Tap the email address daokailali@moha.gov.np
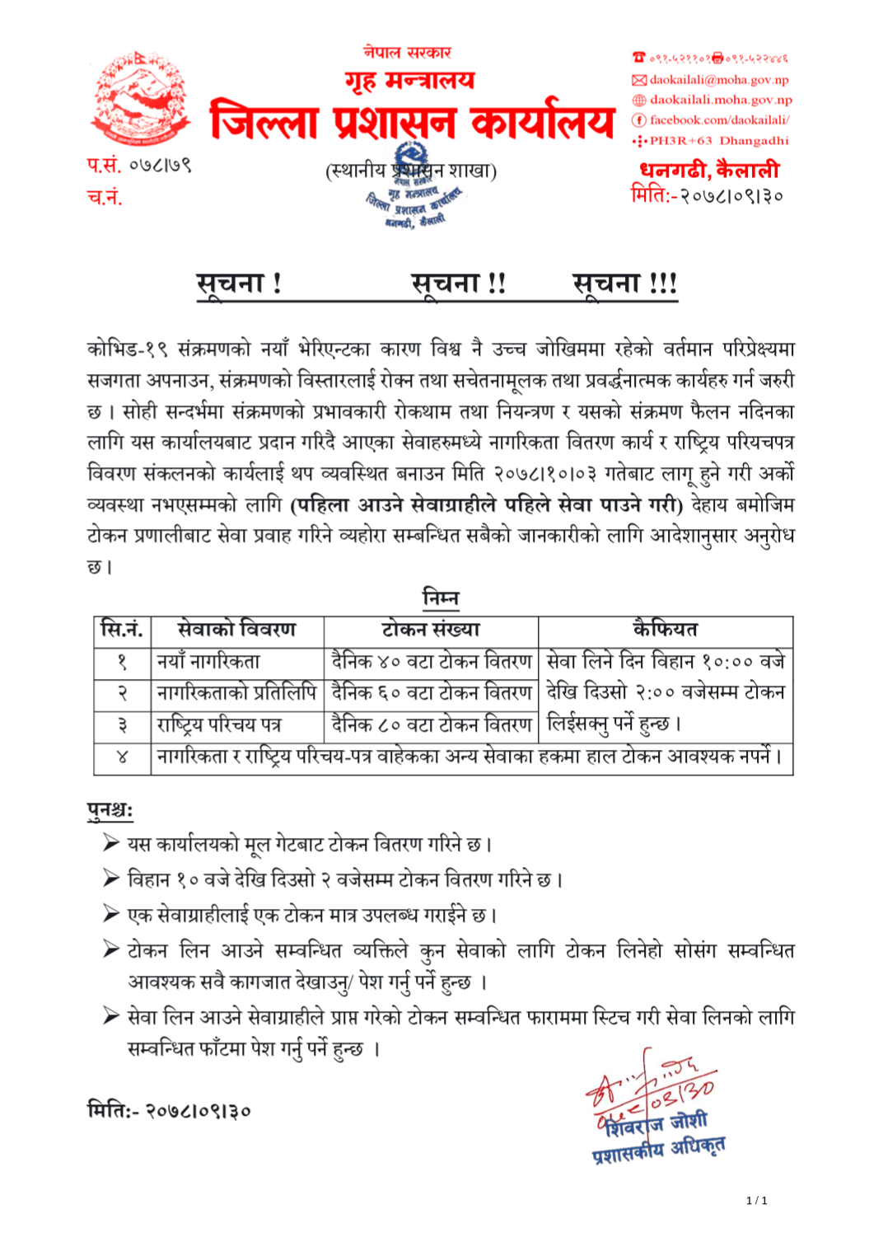[718, 80]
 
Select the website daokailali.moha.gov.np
[720, 100]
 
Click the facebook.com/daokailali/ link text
[719, 120]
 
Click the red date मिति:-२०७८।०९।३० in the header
[706, 195]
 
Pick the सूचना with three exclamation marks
[624, 284]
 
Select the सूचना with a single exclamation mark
[239, 284]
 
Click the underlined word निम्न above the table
[440, 598]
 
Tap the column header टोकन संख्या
[431, 630]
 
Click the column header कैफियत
[665, 630]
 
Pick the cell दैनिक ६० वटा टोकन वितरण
[431, 693]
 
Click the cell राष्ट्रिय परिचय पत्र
[219, 724]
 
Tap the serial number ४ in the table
[122, 757]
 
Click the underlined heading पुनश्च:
[110, 810]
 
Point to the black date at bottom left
[169, 1110]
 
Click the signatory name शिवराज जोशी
[651, 1123]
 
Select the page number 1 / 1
[756, 1200]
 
